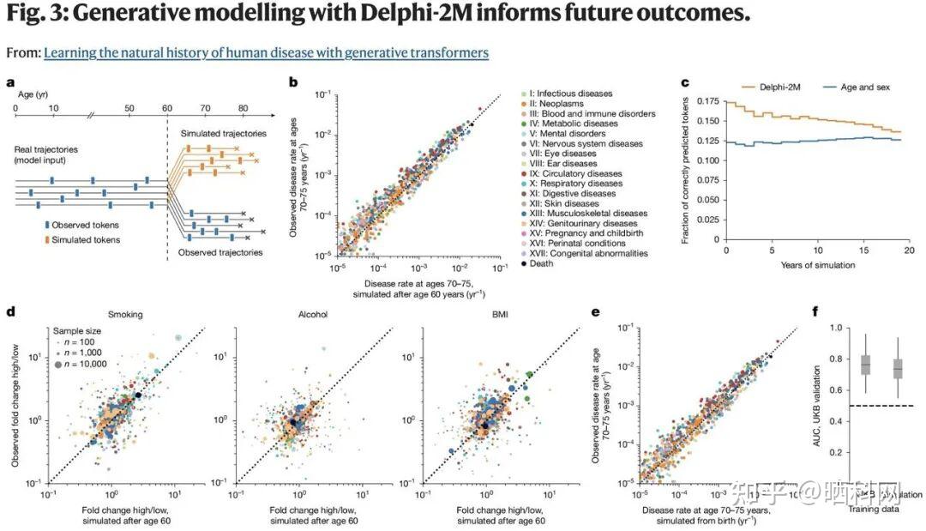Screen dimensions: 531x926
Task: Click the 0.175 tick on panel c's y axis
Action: [x=707, y=101]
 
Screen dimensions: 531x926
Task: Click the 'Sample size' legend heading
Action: [x=77, y=329]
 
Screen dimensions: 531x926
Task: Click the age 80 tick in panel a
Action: [x=243, y=109]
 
